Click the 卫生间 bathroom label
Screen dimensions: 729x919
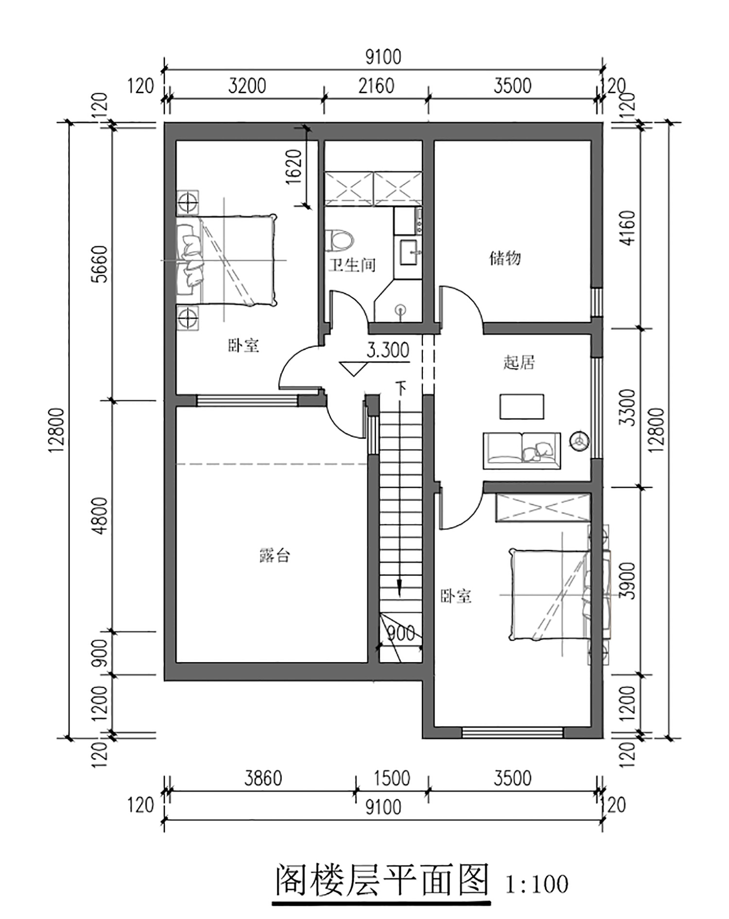point(352,265)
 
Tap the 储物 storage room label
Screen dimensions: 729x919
point(505,257)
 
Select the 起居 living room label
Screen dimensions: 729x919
point(519,362)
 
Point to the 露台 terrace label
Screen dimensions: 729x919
point(275,555)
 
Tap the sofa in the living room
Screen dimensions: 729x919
point(521,451)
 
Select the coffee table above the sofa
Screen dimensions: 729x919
point(521,407)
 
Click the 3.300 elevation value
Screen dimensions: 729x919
point(388,350)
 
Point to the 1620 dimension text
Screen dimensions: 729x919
point(294,166)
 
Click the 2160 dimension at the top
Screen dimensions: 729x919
point(376,86)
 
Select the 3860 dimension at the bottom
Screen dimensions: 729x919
point(263,779)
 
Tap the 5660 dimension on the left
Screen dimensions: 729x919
point(102,264)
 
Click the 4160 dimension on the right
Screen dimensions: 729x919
point(628,228)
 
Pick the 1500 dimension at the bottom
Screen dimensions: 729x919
point(392,779)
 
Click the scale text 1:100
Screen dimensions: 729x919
point(537,885)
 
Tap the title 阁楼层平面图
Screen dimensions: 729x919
point(382,880)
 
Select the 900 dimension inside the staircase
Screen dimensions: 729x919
point(401,632)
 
